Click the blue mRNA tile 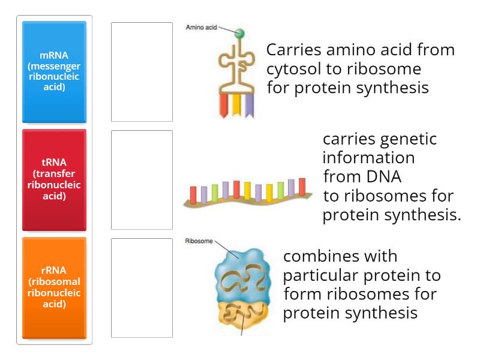[54, 72]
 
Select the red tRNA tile [54, 180]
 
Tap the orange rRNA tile [54, 288]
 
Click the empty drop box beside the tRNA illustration [142, 72]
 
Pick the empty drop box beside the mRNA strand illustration [142, 180]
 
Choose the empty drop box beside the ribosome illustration [142, 288]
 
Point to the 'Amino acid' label [201, 28]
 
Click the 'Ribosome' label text [199, 242]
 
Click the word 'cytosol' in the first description [290, 68]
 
